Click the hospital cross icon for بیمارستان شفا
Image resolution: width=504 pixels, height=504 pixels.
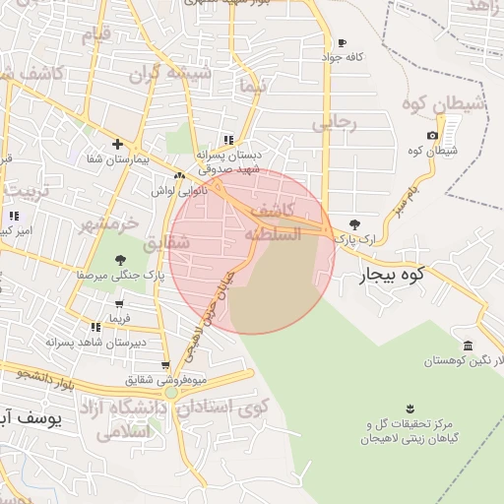click(117, 144)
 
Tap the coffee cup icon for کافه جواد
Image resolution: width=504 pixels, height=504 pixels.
click(342, 43)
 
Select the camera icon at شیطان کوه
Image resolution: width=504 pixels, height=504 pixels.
click(432, 136)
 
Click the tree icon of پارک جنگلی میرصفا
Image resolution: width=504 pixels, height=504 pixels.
click(120, 261)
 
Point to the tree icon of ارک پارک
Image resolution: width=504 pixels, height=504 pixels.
click(354, 225)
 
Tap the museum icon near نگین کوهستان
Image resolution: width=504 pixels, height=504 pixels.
click(466, 346)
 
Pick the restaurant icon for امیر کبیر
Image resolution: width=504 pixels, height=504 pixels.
click(14, 216)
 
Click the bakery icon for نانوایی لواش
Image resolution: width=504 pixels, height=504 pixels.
click(178, 176)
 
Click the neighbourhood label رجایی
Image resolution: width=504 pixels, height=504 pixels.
click(332, 123)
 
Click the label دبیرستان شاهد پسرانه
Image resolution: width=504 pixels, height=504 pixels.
click(98, 342)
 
